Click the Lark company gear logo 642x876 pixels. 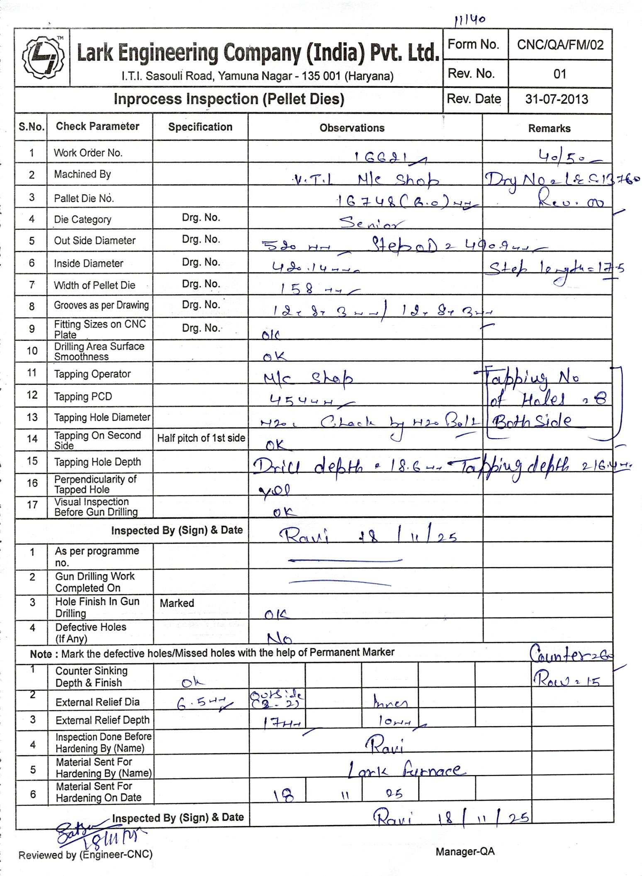[x=43, y=58]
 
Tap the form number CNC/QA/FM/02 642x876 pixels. [x=560, y=45]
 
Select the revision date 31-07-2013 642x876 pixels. [x=557, y=99]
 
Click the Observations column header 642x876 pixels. [x=352, y=128]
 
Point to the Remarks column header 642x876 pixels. [x=549, y=129]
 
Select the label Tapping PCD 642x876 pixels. [x=83, y=396]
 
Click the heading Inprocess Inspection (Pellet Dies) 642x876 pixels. [x=229, y=99]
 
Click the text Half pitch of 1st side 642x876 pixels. [x=201, y=438]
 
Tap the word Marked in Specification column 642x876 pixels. [x=177, y=603]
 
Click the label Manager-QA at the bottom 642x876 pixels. [x=465, y=852]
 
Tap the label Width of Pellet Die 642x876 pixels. [x=95, y=285]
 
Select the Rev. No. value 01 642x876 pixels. [x=560, y=74]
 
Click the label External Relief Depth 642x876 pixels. [x=102, y=720]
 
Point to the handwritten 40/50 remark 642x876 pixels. [x=564, y=157]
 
